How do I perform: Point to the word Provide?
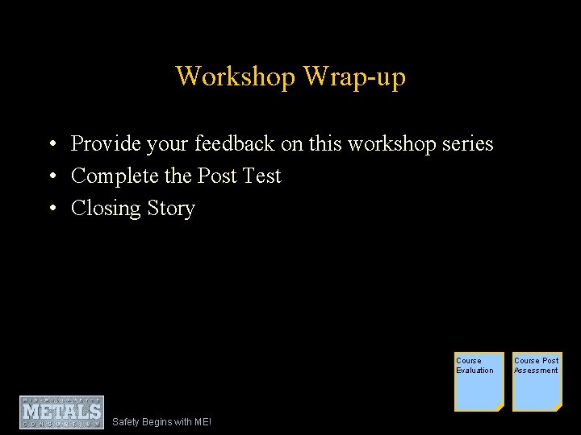click(104, 143)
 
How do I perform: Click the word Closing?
click(106, 208)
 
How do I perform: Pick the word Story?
click(171, 208)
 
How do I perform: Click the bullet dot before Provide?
click(51, 144)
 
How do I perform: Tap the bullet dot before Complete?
click(51, 176)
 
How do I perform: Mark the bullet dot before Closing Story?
click(51, 209)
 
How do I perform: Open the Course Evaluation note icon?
click(479, 382)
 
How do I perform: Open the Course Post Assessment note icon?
click(537, 382)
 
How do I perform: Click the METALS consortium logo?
click(62, 412)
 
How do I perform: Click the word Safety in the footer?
click(126, 422)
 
